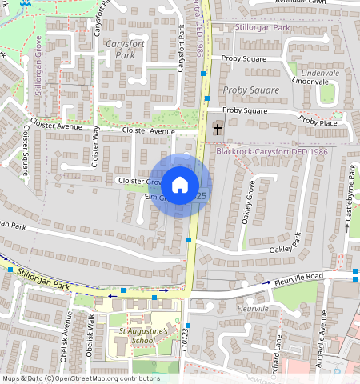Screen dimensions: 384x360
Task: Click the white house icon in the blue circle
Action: pos(180,185)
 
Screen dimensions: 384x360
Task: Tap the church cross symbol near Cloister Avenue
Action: pos(217,128)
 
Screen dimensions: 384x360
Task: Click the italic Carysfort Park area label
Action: pos(125,50)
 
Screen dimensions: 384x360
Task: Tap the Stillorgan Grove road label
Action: pos(37,76)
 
